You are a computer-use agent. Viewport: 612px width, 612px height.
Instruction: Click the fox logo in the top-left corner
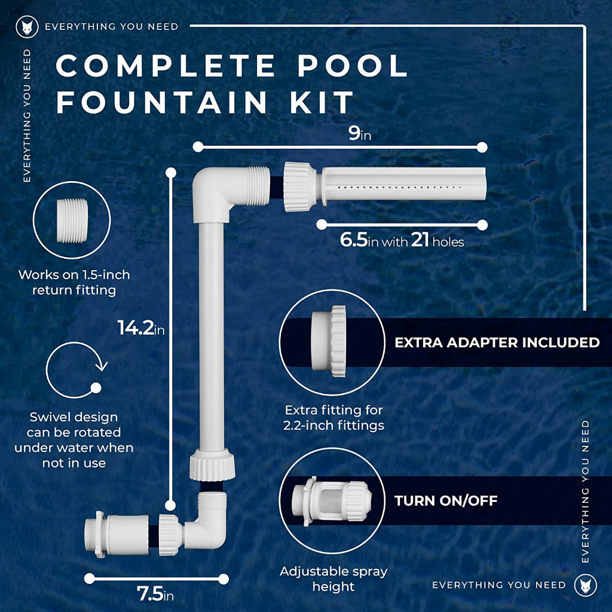27,27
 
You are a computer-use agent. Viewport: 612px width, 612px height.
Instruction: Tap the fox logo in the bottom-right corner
586,585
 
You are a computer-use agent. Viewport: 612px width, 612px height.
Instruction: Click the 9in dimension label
359,134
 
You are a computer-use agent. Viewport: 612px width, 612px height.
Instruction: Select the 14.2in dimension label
141,328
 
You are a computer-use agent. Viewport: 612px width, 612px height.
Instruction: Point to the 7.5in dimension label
155,594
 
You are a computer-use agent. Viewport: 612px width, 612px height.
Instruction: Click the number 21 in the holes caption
420,240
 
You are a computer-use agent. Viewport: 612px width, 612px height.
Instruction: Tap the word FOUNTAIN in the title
161,102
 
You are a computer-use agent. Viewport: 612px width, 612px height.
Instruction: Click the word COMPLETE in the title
166,65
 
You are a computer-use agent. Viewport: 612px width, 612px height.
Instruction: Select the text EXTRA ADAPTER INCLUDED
497,342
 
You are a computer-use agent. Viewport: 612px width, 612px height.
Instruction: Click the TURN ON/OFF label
446,501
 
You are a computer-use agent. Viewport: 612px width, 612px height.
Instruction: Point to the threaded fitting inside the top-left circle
72,221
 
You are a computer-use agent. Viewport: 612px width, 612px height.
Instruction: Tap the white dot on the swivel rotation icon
96,387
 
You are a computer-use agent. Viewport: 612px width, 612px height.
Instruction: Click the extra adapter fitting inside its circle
329,341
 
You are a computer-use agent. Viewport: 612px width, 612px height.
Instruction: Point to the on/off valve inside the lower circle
332,500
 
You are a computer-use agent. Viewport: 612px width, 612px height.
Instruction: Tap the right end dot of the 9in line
482,147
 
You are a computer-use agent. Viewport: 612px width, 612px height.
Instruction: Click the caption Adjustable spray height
333,579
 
